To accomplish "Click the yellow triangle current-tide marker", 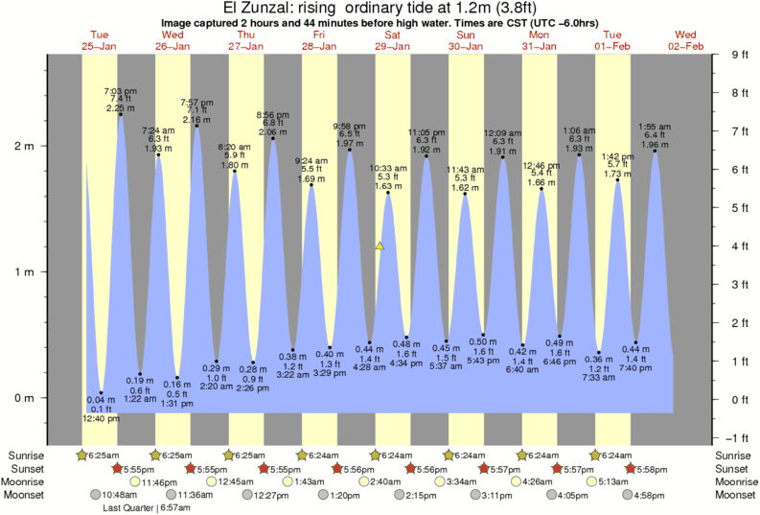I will tap(380, 246).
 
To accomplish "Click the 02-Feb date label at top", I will tap(686, 45).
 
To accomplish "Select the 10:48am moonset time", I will tap(121, 495).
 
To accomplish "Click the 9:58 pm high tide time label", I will tap(349, 127).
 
